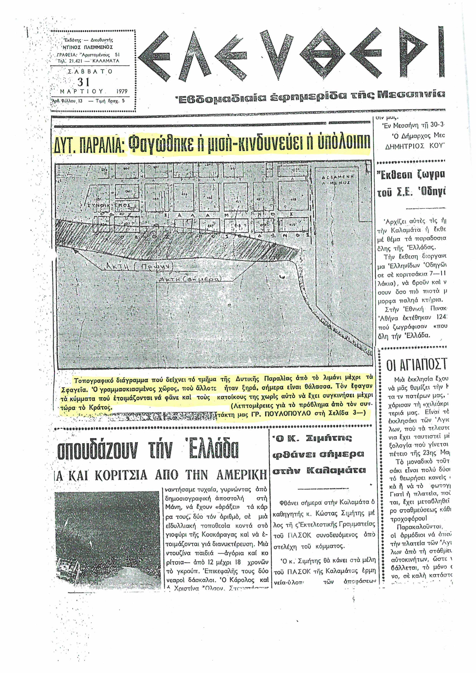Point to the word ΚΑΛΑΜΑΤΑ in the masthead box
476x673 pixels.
(106, 61)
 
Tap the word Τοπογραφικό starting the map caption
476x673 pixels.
(93, 381)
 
